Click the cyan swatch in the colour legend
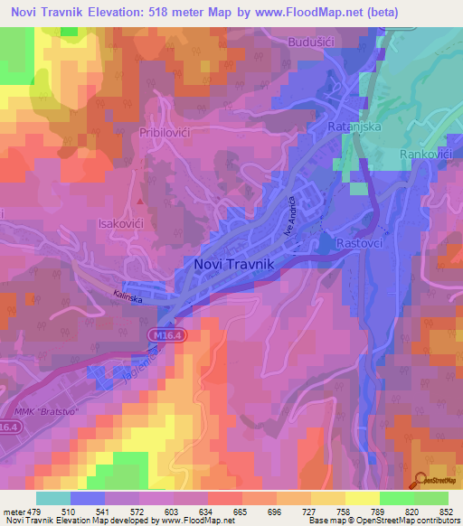(52, 498)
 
